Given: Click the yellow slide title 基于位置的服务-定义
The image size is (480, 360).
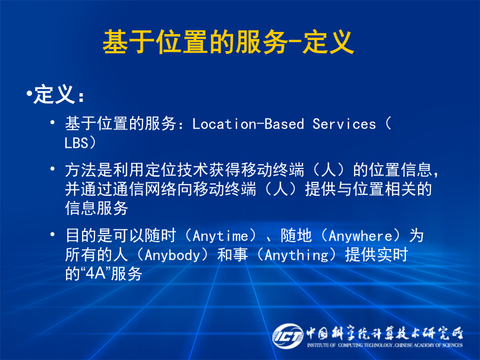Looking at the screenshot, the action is (228, 42).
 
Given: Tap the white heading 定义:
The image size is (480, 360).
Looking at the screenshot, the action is (59, 94).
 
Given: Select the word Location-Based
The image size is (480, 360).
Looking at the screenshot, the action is (248, 124).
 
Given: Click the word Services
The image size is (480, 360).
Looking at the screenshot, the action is (344, 124).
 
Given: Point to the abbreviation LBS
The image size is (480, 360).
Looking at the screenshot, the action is (76, 143).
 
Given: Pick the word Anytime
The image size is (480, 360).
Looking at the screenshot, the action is (220, 236).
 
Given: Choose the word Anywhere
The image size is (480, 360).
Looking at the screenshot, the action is (361, 236).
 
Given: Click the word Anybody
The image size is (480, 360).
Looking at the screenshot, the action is (172, 255).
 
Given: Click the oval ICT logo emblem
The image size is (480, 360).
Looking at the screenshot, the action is (288, 336).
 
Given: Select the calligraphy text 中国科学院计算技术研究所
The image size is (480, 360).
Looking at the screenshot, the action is (385, 333).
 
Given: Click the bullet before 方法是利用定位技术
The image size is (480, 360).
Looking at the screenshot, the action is (53, 169).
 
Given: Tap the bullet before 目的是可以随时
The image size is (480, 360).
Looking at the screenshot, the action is (53, 235).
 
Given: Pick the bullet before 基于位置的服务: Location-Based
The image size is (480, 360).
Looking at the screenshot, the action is (53, 123).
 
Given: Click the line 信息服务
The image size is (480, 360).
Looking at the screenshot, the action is (97, 208).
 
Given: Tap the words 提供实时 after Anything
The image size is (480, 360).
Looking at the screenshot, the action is (377, 255).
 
